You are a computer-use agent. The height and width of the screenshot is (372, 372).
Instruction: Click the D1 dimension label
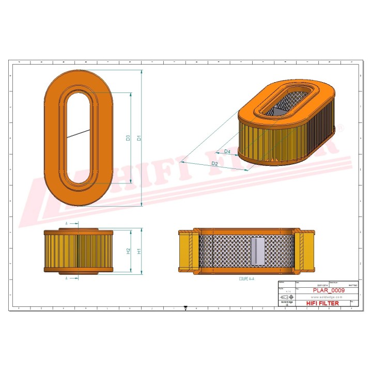(x=138, y=138)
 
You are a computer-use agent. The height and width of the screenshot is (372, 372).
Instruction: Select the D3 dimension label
(x=128, y=138)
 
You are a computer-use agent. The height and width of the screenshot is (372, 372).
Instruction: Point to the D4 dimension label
(x=227, y=151)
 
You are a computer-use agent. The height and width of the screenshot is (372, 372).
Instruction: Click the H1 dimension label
(x=138, y=251)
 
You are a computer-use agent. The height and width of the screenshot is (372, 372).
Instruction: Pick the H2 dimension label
(x=128, y=251)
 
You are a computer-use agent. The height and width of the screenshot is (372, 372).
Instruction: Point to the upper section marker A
(x=67, y=223)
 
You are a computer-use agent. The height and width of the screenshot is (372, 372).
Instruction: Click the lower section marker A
(x=67, y=278)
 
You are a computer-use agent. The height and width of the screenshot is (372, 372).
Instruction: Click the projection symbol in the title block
(x=287, y=298)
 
